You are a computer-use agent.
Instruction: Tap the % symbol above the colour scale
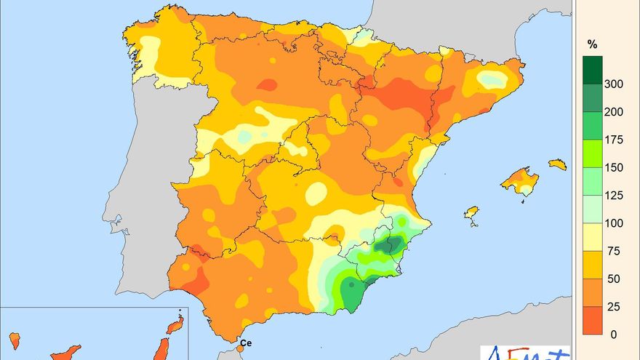(593, 44)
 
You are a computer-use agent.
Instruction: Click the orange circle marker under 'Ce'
(241, 350)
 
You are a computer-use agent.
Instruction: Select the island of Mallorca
(519, 181)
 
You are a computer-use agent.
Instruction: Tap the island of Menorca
(557, 164)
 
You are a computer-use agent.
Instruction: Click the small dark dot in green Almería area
(351, 285)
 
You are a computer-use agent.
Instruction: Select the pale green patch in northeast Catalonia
(492, 79)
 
